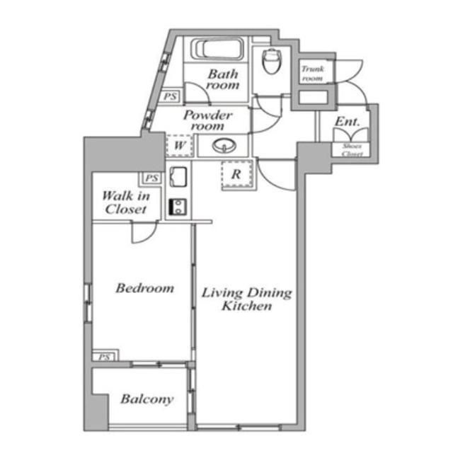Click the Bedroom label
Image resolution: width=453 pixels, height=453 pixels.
coord(144,288)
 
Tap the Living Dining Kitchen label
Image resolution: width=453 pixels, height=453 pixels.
coord(246,299)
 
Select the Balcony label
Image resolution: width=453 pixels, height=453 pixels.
coord(147,399)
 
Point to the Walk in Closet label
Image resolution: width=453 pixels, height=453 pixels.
coord(126,202)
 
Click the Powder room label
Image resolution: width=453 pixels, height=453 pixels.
coord(207,120)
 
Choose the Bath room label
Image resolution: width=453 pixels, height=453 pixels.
coord(223,79)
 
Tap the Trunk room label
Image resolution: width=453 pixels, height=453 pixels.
coord(312,74)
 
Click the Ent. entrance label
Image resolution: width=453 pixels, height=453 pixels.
coord(348,122)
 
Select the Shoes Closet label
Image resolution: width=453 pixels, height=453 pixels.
coord(352,150)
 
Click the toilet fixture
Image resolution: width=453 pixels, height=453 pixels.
coord(272,61)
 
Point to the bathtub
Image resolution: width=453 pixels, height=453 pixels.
coord(217,49)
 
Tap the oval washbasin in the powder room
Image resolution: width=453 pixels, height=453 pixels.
coord(224,145)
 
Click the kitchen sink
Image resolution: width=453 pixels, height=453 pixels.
coord(178,177)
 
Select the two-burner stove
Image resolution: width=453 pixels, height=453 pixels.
coord(178,207)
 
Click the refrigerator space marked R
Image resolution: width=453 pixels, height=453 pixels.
coord(236,174)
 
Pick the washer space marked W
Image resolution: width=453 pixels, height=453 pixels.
coord(179,145)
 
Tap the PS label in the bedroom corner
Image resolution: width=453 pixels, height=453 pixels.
coord(104,357)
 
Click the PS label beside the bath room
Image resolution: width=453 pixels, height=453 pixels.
coord(170,96)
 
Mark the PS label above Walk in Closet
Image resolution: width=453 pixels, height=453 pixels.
coord(152,178)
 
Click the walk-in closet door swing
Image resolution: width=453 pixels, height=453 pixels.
coord(144,232)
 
